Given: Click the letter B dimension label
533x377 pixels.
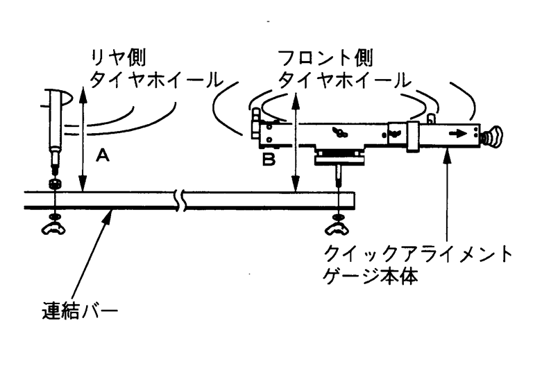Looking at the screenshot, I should pos(269,160).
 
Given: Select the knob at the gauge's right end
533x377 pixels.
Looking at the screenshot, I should pos(497,136).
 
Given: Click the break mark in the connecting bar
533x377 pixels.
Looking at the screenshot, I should pos(181,200).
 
